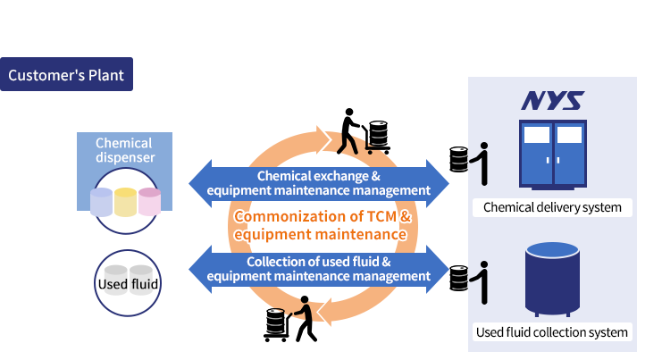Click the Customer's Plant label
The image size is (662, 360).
pyautogui.click(x=66, y=75)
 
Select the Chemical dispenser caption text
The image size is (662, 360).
pyautogui.click(x=123, y=151)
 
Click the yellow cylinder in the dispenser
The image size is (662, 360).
pyautogui.click(x=124, y=202)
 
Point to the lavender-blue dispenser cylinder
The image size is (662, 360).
pyautogui.click(x=102, y=202)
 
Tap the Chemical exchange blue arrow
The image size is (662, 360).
pyautogui.click(x=320, y=182)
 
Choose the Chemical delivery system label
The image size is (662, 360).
pyautogui.click(x=552, y=208)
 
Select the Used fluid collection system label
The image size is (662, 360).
pyautogui.click(x=552, y=333)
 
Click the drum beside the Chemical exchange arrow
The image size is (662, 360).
pyautogui.click(x=459, y=160)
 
